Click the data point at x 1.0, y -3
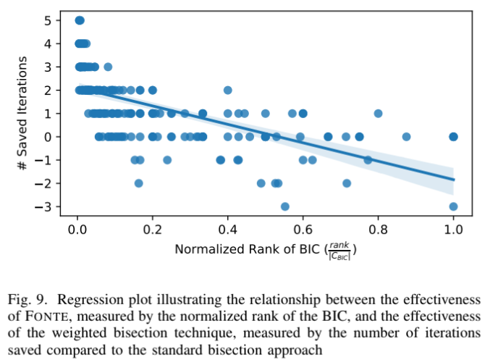click(453, 206)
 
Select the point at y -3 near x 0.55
click(285, 206)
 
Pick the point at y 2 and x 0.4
click(228, 90)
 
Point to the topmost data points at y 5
click(80, 20)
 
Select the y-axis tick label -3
click(46, 206)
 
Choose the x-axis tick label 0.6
click(303, 230)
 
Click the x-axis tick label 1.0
click(453, 230)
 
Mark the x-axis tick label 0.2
click(152, 230)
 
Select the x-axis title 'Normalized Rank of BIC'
click(246, 250)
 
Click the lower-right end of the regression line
click(454, 179)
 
